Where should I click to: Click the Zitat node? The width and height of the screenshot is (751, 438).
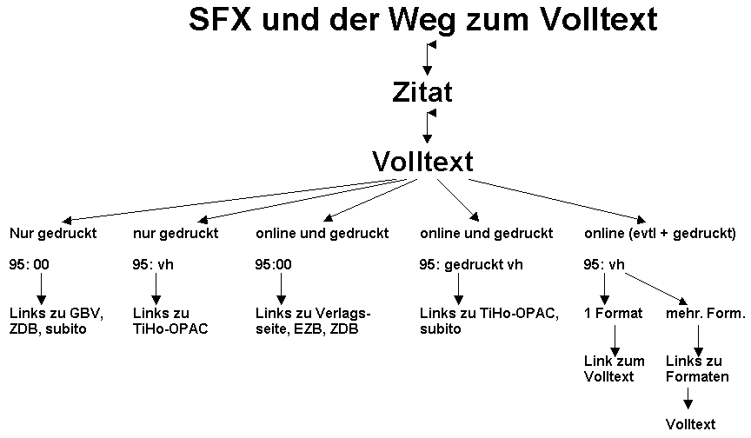click(x=422, y=91)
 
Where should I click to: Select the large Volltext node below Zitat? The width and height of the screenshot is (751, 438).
click(x=422, y=161)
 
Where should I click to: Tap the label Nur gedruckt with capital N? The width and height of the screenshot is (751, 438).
click(x=53, y=234)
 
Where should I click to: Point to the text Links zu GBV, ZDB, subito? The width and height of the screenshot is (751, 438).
click(x=54, y=321)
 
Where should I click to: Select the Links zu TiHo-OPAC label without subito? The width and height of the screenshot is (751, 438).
click(x=170, y=321)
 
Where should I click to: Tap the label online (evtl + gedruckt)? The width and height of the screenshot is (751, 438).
click(x=661, y=234)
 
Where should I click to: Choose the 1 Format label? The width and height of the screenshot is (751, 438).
click(x=614, y=313)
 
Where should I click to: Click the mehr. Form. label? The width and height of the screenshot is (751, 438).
click(x=706, y=313)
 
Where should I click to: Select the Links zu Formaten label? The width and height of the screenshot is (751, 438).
click(x=697, y=368)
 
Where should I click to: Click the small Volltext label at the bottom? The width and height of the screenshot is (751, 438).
click(x=691, y=424)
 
